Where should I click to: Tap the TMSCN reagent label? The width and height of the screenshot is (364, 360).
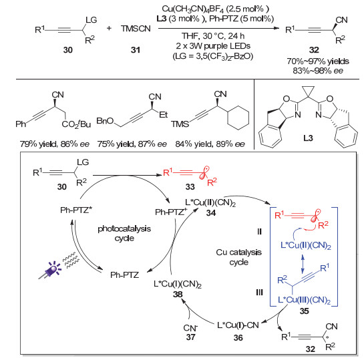coord(136,29)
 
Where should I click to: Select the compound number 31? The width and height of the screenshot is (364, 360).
coord(136,50)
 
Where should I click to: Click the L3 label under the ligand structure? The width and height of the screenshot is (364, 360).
coord(308,138)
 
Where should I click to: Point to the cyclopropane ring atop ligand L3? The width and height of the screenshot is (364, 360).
coord(308,91)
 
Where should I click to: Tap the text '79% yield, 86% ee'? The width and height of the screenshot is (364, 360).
coord(55,144)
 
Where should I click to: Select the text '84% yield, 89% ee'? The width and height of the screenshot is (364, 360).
coord(210,144)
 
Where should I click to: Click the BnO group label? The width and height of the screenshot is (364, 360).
coord(105,121)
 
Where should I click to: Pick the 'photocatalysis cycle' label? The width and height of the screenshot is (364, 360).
coord(124,234)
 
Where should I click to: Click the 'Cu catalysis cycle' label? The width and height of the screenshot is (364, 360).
coord(239,257)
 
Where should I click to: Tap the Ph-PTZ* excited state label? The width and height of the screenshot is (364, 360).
coord(76,210)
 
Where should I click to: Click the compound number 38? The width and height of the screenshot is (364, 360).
coord(178,295)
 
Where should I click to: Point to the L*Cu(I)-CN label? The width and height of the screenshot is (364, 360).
coord(238,325)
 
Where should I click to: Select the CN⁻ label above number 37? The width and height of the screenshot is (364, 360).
coord(190,328)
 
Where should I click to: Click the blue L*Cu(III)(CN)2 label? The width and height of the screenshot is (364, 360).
coord(304,300)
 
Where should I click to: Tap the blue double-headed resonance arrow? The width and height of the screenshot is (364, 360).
coord(303,264)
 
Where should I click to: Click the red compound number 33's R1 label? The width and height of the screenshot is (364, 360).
coord(168,172)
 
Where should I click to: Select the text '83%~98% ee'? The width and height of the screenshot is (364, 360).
coord(318,71)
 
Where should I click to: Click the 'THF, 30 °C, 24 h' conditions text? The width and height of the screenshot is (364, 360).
coord(213,36)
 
